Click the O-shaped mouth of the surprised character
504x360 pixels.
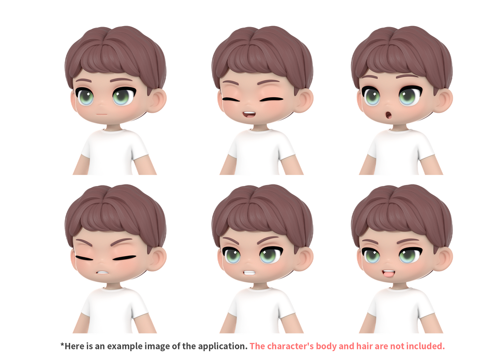coord(389,115)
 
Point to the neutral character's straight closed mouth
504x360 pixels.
coord(102,114)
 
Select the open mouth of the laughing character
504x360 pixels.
coord(249,114)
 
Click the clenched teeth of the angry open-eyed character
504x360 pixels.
coord(249,273)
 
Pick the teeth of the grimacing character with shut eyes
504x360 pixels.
coord(102,272)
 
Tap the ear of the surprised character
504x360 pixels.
coord(442,100)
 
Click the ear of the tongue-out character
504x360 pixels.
coord(442,258)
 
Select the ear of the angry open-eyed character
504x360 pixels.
coord(303,258)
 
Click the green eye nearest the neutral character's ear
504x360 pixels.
coord(123,96)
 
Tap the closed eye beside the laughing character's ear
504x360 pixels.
coord(272,99)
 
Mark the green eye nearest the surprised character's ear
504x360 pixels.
coord(409,95)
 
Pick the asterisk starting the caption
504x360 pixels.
coord(62,344)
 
